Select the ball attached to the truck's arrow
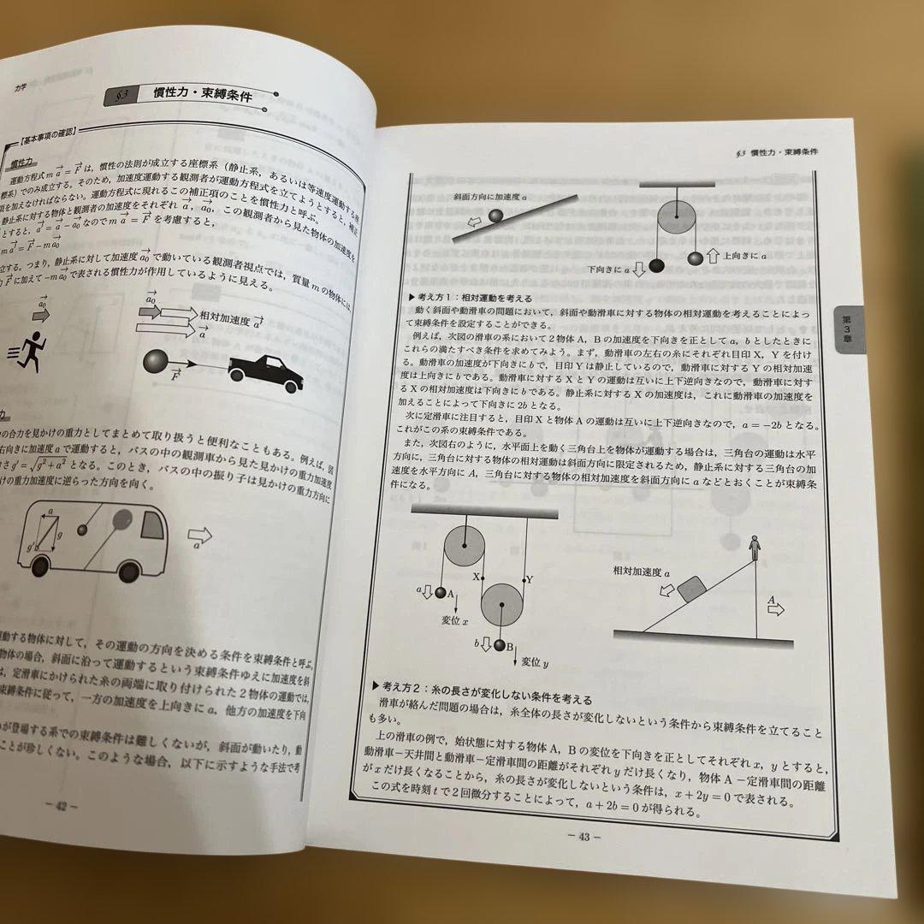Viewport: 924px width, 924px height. pos(157,360)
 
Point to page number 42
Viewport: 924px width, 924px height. pos(62,805)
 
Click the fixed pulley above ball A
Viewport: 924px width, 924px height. pos(460,542)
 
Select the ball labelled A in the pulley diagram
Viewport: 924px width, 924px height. pos(441,593)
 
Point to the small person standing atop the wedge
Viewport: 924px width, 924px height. pos(754,544)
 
